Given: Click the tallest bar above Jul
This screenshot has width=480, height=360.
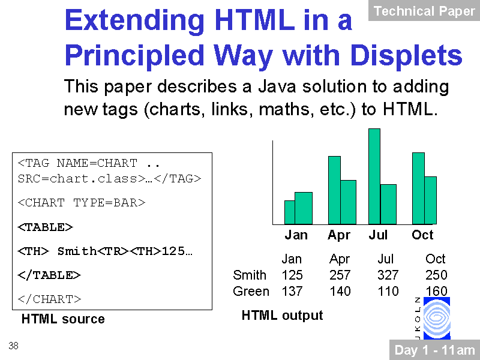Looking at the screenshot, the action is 374,176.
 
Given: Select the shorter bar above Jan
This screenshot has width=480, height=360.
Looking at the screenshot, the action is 290,212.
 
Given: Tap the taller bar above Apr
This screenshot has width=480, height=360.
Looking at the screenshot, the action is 334,190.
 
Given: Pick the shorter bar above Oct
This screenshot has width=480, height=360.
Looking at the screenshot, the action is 430,200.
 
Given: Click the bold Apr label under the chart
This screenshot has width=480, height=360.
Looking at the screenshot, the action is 339,235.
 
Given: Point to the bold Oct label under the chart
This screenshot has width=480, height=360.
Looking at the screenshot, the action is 422,235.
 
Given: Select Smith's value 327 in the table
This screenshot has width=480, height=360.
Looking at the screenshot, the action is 388,275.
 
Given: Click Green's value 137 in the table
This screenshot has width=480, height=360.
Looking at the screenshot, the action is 292,291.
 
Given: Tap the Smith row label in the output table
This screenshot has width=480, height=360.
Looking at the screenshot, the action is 250,275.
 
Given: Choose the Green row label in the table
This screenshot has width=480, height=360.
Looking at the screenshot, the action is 251,291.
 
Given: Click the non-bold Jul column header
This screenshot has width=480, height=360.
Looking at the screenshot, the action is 385,259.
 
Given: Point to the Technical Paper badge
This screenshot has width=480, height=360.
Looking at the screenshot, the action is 424,11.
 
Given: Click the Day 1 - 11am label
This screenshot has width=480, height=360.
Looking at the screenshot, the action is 434,350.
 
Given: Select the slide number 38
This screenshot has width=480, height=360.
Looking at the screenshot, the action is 13,346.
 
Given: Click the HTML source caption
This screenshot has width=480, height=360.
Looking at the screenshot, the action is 63,319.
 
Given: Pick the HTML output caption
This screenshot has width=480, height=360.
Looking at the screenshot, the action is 282,316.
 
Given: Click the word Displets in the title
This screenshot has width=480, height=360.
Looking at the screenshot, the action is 406,55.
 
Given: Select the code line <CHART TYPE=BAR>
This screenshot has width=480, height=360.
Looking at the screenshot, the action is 82,203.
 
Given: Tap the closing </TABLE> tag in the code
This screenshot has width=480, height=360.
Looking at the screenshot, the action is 49,275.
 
